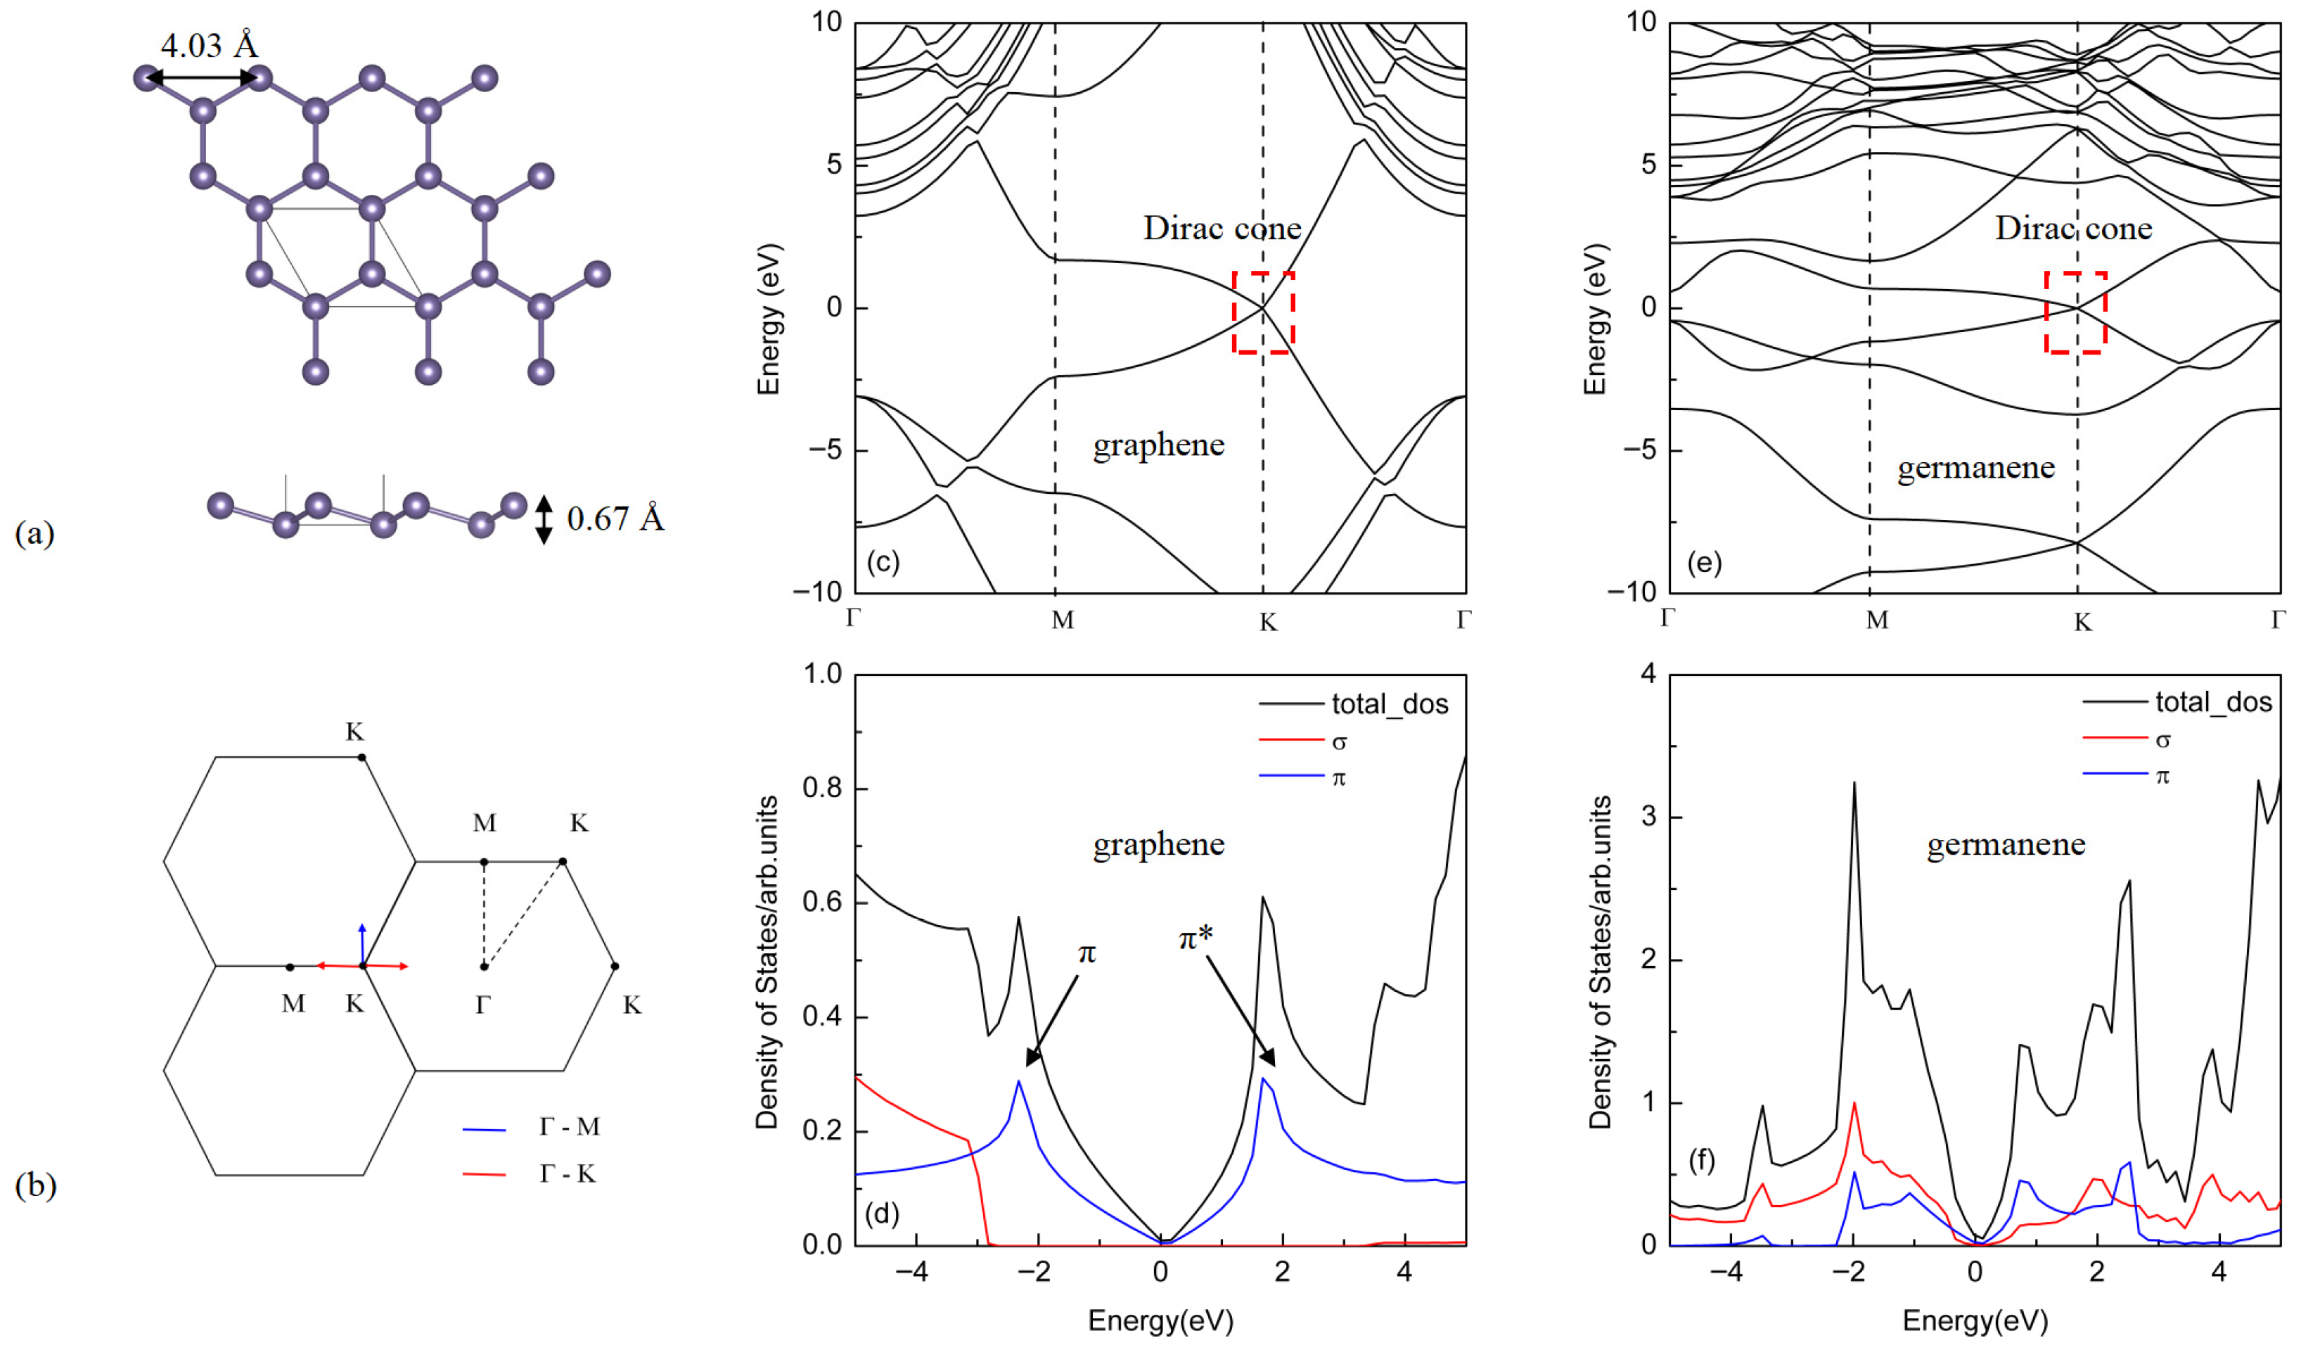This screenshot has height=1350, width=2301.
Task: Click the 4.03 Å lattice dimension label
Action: (x=209, y=45)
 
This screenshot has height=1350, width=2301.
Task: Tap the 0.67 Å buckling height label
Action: (x=615, y=518)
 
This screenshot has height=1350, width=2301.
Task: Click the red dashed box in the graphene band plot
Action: (x=1263, y=312)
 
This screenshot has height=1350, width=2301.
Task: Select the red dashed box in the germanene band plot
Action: (x=2075, y=312)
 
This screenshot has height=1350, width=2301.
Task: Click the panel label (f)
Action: (x=1701, y=1161)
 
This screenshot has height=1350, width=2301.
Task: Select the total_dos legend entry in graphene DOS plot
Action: (x=1389, y=704)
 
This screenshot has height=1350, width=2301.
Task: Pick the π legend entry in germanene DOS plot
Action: (x=2161, y=775)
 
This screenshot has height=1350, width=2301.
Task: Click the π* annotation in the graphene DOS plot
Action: (x=1196, y=937)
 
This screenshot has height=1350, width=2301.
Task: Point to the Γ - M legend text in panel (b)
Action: (x=569, y=1127)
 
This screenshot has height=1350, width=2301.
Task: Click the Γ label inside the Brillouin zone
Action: (x=483, y=1005)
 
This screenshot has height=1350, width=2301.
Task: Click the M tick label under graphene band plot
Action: (x=1062, y=621)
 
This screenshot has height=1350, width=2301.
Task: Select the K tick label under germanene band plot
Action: (x=2082, y=623)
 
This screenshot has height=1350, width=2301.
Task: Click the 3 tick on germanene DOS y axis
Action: (x=1648, y=817)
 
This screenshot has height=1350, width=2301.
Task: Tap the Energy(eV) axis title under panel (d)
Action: (x=1160, y=1320)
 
